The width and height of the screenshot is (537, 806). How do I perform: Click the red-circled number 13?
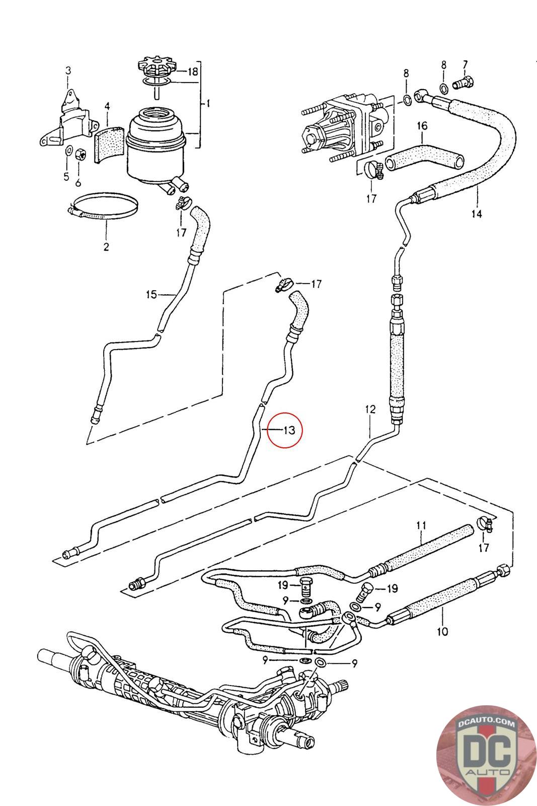tap(288, 430)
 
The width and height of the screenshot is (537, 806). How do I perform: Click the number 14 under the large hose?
tap(476, 214)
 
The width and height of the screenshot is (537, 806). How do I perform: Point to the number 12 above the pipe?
tap(370, 410)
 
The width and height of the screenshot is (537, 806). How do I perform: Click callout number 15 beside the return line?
tap(151, 294)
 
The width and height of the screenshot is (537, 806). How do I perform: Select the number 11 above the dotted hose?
tap(421, 526)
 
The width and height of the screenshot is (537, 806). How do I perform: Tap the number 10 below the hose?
tap(442, 631)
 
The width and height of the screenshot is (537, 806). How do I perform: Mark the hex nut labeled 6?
tap(80, 155)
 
